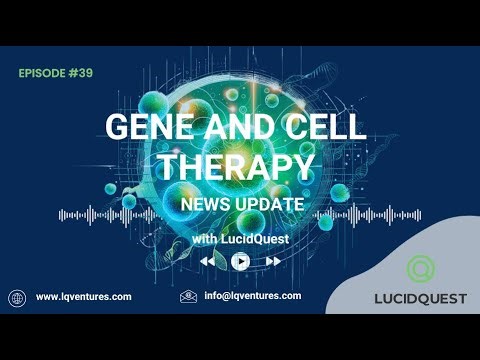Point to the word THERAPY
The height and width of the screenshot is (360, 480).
click(x=240, y=166)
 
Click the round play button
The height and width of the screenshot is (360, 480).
click(x=240, y=261)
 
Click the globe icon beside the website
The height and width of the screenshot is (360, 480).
click(x=16, y=297)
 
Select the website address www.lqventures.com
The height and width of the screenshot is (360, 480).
click(x=83, y=297)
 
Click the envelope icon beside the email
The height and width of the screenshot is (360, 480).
click(x=187, y=297)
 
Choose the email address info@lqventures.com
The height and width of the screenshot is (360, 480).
click(x=252, y=297)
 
